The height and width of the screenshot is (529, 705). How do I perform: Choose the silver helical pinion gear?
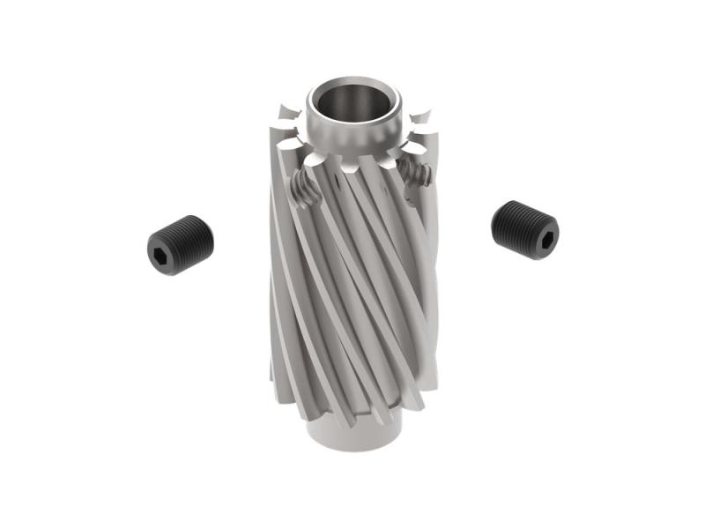coord(352,282)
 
